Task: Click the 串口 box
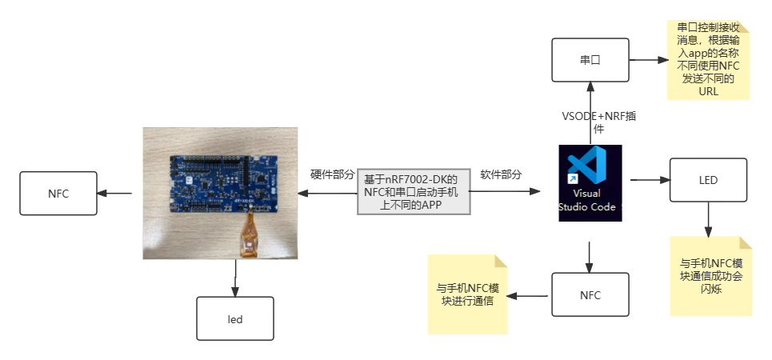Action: (x=590, y=60)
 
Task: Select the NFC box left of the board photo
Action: (x=58, y=192)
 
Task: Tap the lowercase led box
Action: (x=234, y=319)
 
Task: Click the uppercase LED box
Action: (x=708, y=180)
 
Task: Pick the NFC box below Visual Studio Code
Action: (x=590, y=295)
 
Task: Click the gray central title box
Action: (x=414, y=192)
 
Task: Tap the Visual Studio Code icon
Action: (x=590, y=182)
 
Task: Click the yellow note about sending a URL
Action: (x=708, y=61)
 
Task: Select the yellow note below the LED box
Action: (x=710, y=276)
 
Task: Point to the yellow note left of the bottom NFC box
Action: (x=466, y=294)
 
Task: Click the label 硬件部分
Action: (x=332, y=174)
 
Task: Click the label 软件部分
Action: (x=501, y=174)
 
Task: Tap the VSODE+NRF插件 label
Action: (x=599, y=122)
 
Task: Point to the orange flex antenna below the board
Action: (x=250, y=240)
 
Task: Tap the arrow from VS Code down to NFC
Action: (x=590, y=256)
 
